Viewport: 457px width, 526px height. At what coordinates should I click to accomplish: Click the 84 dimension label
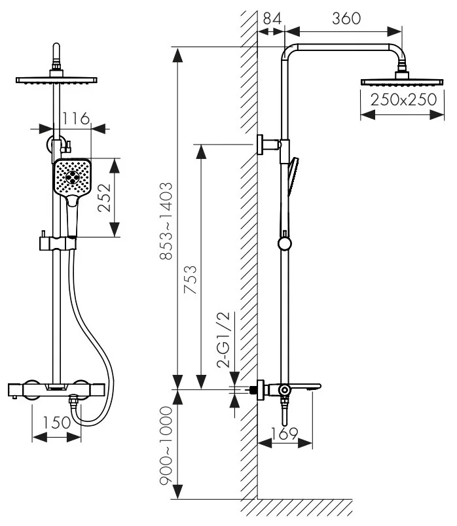click(x=270, y=18)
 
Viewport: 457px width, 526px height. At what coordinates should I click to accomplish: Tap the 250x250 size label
click(x=403, y=101)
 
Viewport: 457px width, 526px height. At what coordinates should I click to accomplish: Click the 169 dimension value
click(x=285, y=433)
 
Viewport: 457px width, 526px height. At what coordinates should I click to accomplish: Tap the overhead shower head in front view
click(x=57, y=80)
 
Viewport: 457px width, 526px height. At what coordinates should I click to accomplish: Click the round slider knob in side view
click(x=284, y=244)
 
